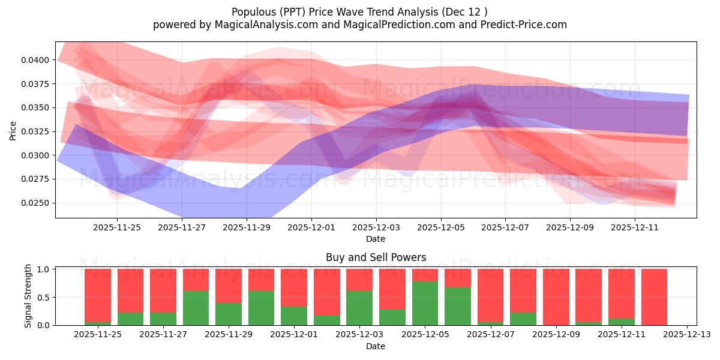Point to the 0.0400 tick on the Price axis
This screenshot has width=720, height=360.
tap(37, 60)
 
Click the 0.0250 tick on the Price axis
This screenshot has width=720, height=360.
tap(37, 203)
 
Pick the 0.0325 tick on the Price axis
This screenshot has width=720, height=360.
tap(37, 131)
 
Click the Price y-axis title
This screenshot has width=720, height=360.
tap(13, 130)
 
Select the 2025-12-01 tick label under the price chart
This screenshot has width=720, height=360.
tap(311, 228)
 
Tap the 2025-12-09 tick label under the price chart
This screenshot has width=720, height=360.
tap(570, 228)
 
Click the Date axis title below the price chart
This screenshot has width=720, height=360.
tap(376, 239)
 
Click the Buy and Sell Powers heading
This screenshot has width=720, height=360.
tap(376, 257)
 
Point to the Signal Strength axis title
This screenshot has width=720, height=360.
tap(28, 296)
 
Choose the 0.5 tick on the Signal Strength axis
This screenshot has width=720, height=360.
tap(44, 297)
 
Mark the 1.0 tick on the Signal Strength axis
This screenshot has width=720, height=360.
tap(44, 269)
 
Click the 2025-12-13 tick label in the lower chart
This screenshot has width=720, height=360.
tap(686, 335)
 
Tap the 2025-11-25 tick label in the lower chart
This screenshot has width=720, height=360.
tap(97, 335)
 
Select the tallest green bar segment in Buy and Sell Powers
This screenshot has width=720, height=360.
tap(425, 303)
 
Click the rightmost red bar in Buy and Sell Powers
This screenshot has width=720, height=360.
tap(654, 297)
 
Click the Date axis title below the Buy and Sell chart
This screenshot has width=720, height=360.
tap(376, 346)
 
